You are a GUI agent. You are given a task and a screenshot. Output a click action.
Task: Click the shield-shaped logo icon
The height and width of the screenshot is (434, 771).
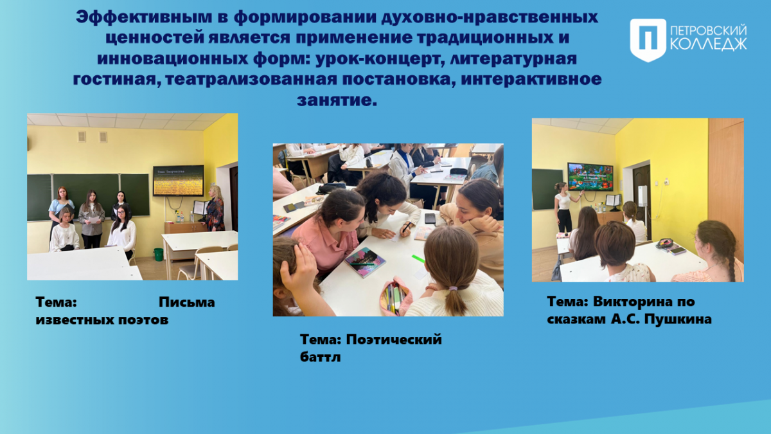coord(648,40)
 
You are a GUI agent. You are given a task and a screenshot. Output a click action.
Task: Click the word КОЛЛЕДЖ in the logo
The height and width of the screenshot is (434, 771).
coord(709,44)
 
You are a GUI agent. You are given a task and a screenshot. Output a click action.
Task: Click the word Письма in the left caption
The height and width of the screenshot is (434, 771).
coord(186,302)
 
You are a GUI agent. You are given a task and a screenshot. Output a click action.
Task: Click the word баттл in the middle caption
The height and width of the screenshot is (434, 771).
coord(320,357)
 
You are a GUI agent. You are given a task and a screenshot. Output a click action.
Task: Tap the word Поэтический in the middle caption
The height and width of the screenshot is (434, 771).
coord(394,339)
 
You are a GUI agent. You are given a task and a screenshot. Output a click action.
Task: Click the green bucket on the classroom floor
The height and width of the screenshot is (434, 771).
coord(158,254)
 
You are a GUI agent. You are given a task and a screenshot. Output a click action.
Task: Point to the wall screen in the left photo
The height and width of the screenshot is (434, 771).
coord(179,181)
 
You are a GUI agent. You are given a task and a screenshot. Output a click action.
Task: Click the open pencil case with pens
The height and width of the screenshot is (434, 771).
coord(396,296)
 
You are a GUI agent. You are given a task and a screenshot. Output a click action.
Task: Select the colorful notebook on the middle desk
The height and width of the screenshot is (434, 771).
coord(365,262)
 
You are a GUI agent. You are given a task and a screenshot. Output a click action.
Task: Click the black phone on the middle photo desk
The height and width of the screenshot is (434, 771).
coord(430,219)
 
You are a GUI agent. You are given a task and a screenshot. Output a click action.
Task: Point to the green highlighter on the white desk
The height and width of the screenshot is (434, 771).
coord(418,258)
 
